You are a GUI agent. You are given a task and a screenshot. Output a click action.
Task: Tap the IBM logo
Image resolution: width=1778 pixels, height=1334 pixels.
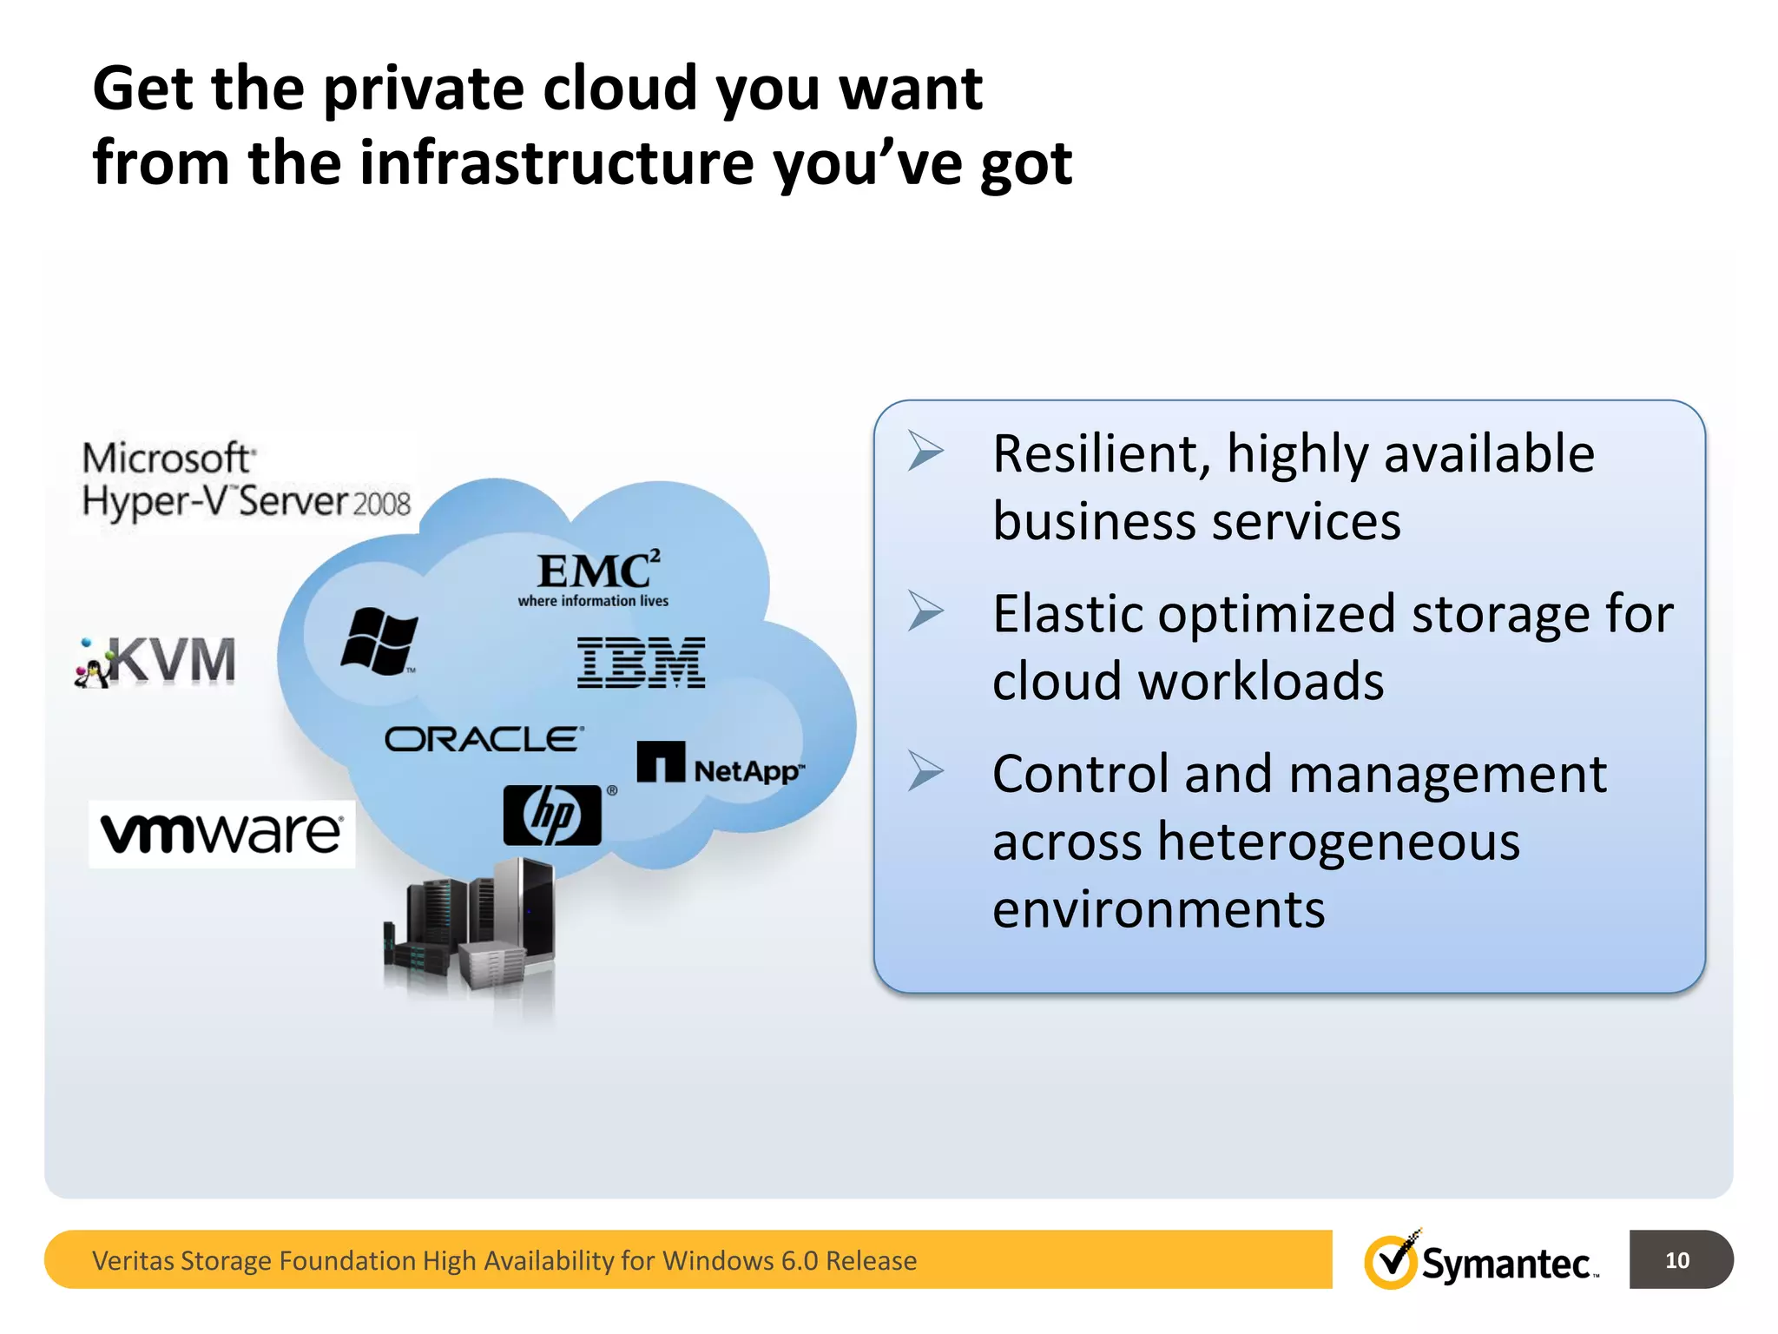(x=641, y=663)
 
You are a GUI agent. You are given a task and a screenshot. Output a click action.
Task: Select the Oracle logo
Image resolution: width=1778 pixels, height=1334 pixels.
(x=484, y=739)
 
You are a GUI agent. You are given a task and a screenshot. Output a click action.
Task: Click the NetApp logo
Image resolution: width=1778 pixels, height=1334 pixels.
(x=721, y=764)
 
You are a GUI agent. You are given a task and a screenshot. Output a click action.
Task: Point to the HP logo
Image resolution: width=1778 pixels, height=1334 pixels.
(x=553, y=815)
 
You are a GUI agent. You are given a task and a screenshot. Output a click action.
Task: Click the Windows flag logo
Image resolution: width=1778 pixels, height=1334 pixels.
(x=379, y=641)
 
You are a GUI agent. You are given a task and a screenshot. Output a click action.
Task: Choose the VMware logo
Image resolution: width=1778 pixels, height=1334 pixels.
(x=221, y=834)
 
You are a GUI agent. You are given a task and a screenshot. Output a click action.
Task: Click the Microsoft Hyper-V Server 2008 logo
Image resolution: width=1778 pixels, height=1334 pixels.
(x=246, y=480)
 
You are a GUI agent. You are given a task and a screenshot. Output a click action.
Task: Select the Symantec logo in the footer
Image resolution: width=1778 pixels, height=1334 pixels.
(x=1481, y=1260)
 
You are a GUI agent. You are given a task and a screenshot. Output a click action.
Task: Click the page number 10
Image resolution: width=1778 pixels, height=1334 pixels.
(x=1676, y=1260)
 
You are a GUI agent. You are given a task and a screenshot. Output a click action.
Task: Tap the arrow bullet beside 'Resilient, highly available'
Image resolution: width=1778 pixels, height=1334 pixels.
(x=925, y=451)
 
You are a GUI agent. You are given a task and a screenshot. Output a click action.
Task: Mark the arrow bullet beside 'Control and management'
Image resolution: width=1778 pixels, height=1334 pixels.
(x=925, y=770)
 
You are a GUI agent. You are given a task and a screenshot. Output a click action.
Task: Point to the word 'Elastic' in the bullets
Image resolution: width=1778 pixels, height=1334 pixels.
(x=1067, y=614)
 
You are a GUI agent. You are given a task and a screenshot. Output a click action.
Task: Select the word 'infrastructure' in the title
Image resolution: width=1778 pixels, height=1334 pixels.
(x=556, y=162)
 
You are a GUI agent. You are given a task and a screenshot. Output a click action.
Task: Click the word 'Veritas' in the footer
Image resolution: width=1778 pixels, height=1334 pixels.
(x=132, y=1260)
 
